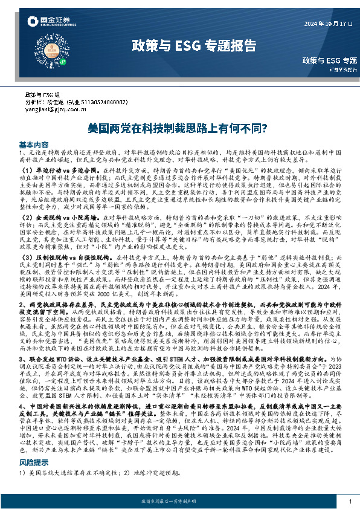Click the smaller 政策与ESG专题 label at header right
330,60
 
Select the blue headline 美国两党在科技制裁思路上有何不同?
179,128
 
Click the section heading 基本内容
34,145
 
